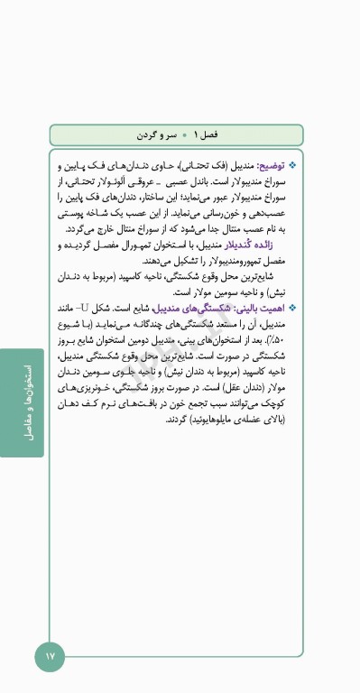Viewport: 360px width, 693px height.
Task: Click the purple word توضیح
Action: point(268,167)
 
